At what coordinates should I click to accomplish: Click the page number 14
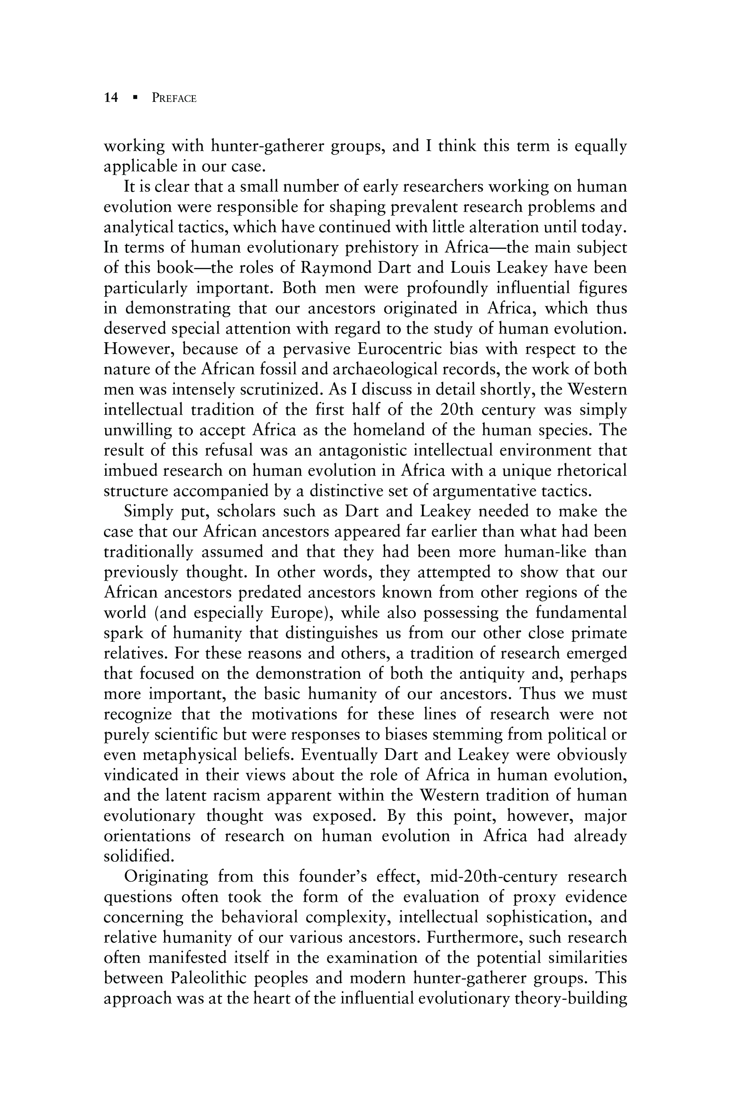click(x=111, y=98)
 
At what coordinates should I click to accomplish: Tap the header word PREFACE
click(x=174, y=98)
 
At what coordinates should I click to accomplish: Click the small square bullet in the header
click(x=135, y=98)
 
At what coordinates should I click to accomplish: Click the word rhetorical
click(x=592, y=470)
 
